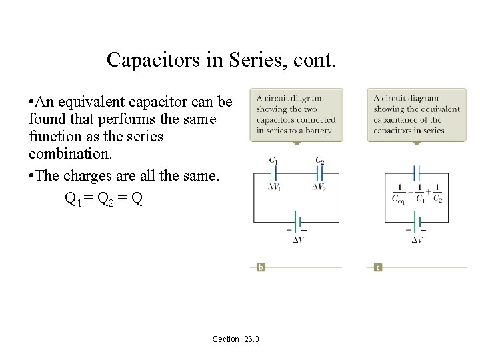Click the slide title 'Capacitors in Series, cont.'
pos(221,61)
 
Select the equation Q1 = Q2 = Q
pos(103,198)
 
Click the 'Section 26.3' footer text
pos(236,339)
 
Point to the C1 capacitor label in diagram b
pos(273,161)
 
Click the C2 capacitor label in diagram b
pos(320,161)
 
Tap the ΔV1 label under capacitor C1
pos(274,187)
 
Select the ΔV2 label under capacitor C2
pos(319,187)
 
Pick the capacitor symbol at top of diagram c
pos(416,174)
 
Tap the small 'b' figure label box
pos(261,267)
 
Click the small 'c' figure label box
pos(378,267)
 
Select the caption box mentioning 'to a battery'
pos(297,115)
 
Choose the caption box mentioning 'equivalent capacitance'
pos(417,115)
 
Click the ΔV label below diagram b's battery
pos(299,240)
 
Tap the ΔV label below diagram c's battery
pos(417,240)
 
